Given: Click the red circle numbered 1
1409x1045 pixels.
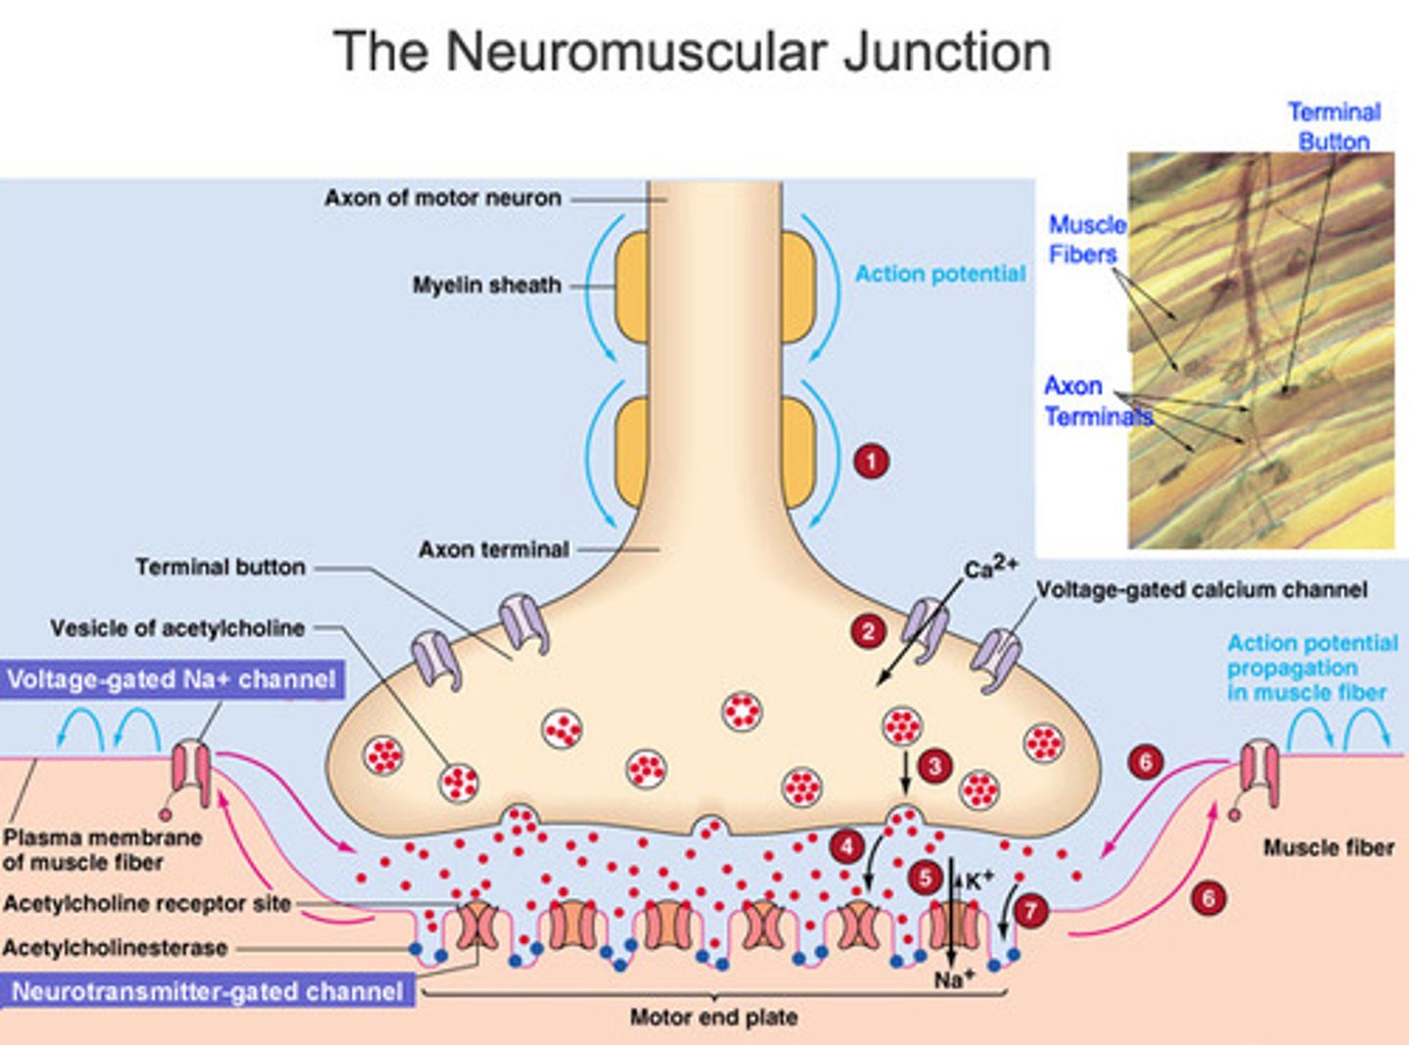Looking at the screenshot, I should click(871, 460).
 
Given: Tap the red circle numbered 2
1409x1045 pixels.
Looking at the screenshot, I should click(868, 631).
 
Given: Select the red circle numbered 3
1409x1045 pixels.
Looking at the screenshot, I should click(934, 766).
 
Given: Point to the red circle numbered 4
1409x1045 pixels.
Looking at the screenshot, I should click(847, 846).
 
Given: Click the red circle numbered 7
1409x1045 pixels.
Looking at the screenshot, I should click(1030, 911).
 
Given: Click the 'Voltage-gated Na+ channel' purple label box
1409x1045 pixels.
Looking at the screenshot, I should click(172, 679).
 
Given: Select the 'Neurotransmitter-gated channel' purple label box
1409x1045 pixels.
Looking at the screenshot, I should click(207, 991).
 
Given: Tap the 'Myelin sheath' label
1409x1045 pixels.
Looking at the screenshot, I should click(486, 286).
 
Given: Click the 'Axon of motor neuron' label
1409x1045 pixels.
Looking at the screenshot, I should click(442, 198).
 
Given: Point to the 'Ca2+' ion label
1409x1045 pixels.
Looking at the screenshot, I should click(989, 568).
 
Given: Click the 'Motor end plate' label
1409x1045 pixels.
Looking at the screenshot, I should click(713, 1018).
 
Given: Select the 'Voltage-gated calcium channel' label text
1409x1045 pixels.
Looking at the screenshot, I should click(1201, 589).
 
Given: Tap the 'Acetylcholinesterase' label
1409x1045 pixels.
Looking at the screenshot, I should click(114, 947).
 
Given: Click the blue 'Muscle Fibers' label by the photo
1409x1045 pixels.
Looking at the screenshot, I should click(1085, 240).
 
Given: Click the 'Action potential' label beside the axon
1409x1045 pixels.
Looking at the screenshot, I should click(939, 274).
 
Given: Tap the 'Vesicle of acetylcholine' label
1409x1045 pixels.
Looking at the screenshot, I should click(177, 628).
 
